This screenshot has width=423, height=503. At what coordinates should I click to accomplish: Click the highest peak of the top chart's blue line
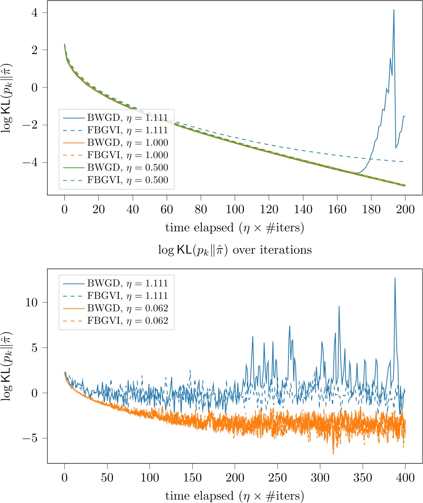click(394, 10)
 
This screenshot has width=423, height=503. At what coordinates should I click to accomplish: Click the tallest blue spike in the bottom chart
click(395, 278)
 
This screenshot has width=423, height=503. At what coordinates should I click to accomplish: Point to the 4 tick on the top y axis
click(34, 12)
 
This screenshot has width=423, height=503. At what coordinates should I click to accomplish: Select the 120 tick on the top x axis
click(269, 209)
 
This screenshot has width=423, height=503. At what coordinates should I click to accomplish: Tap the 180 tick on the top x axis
click(371, 209)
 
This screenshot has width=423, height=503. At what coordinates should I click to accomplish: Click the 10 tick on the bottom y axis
click(32, 302)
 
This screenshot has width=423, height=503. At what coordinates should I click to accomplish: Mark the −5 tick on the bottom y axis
click(30, 438)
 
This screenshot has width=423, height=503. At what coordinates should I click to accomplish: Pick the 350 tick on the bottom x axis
click(363, 477)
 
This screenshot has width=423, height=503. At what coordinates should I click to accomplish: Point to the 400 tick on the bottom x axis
click(405, 477)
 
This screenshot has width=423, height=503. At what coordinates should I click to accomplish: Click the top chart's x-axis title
click(235, 228)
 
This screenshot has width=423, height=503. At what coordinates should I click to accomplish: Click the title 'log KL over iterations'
click(235, 250)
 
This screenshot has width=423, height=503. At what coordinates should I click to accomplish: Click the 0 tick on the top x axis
click(65, 209)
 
